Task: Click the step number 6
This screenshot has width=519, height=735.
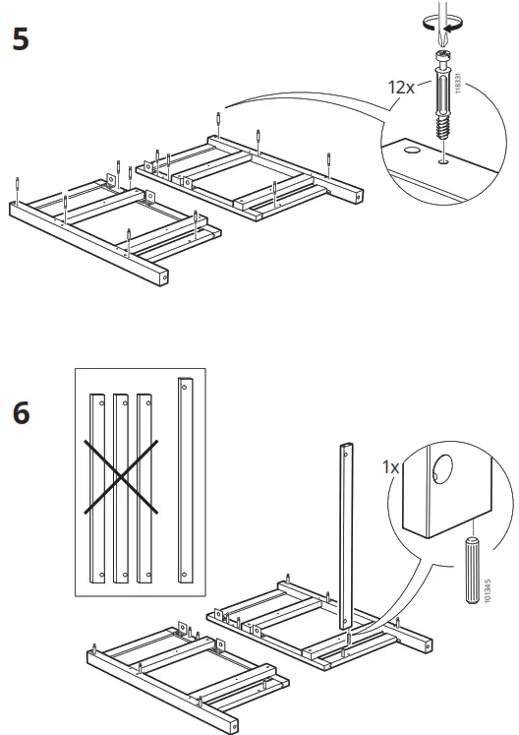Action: (x=21, y=413)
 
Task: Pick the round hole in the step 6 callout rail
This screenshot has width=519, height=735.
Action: (x=437, y=470)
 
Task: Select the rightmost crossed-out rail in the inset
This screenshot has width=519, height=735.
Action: (x=144, y=484)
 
